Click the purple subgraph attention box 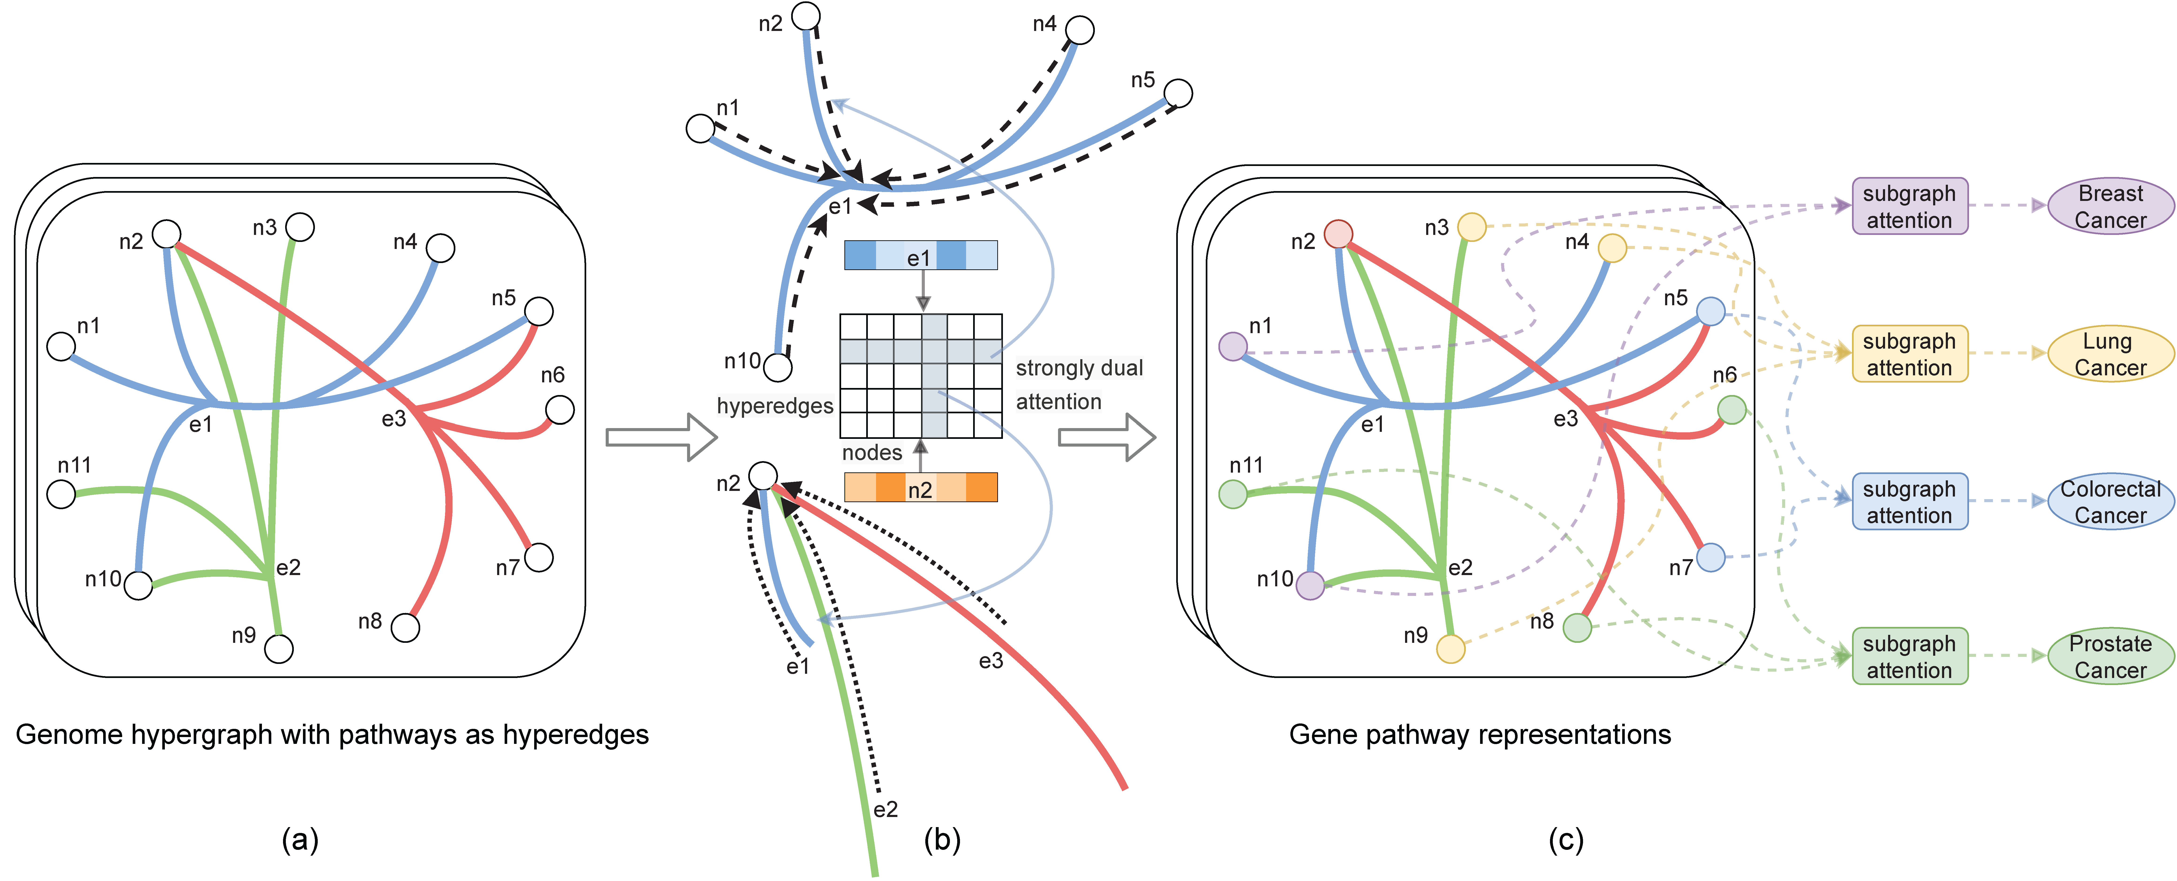[1909, 206]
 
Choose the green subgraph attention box [1909, 656]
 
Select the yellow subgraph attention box [1909, 354]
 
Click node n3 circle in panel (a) [300, 227]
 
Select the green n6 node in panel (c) [1732, 410]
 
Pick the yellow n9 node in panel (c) [1450, 649]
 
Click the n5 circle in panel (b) [1178, 93]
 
